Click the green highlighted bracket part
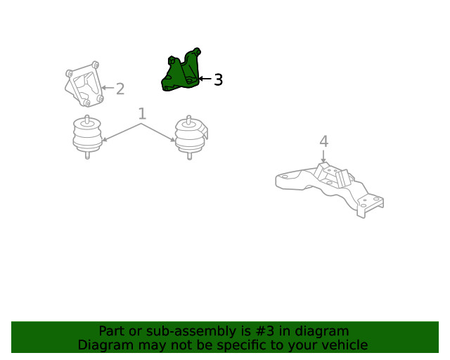point(180,72)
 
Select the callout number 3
point(218,79)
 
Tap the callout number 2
point(120,89)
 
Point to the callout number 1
point(142,114)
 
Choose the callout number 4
point(323,141)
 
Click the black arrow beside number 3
point(205,78)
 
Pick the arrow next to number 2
point(108,88)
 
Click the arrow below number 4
point(323,156)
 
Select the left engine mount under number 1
point(87,136)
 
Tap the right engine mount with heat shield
point(191,137)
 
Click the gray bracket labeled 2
point(84,84)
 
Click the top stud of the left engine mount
point(87,119)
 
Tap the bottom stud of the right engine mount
point(189,156)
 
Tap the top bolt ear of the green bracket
point(197,51)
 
